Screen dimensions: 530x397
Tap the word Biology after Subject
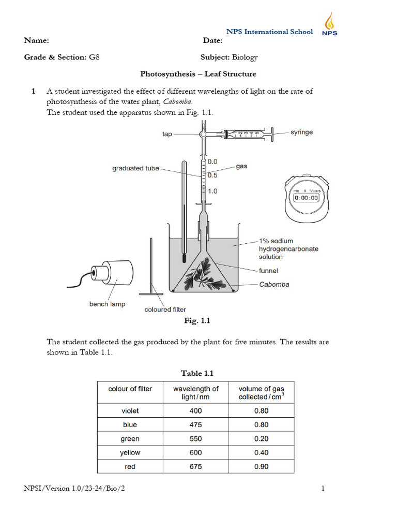click(x=245, y=57)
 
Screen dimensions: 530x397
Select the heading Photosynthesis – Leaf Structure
click(x=198, y=74)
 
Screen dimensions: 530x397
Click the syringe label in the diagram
click(x=301, y=132)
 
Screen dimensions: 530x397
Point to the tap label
click(x=167, y=134)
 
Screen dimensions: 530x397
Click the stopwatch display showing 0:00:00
click(x=306, y=197)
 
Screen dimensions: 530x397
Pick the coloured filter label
click(x=165, y=310)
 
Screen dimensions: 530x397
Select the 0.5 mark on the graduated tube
click(x=212, y=175)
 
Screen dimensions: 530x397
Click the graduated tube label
click(x=135, y=168)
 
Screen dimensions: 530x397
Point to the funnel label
click(x=269, y=271)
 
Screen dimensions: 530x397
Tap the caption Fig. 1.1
click(x=198, y=321)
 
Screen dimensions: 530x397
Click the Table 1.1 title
click(x=197, y=373)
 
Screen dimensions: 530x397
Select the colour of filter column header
click(x=130, y=389)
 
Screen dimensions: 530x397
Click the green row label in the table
click(x=130, y=438)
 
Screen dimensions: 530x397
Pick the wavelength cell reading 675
click(x=195, y=466)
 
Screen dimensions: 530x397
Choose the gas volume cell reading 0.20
click(x=261, y=438)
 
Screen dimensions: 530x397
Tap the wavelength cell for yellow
click(x=195, y=452)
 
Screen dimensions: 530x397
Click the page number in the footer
click(x=323, y=488)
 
